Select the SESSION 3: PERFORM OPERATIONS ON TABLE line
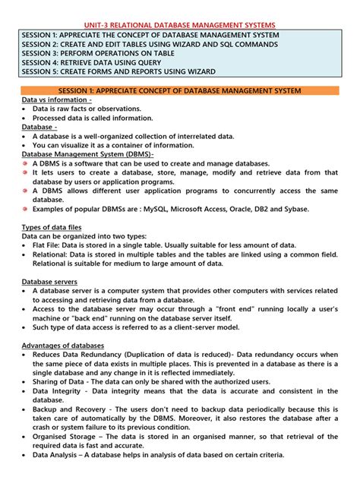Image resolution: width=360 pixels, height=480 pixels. (108, 53)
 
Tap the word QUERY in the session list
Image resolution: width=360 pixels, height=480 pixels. (175, 62)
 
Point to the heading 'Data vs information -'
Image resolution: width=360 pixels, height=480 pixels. (57, 99)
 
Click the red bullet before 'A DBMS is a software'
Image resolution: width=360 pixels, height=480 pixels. (25, 163)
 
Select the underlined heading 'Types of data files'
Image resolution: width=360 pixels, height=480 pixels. (51, 227)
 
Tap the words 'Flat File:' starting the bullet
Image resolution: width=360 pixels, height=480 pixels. (50, 245)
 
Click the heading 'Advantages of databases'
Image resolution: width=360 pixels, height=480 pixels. (62, 346)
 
